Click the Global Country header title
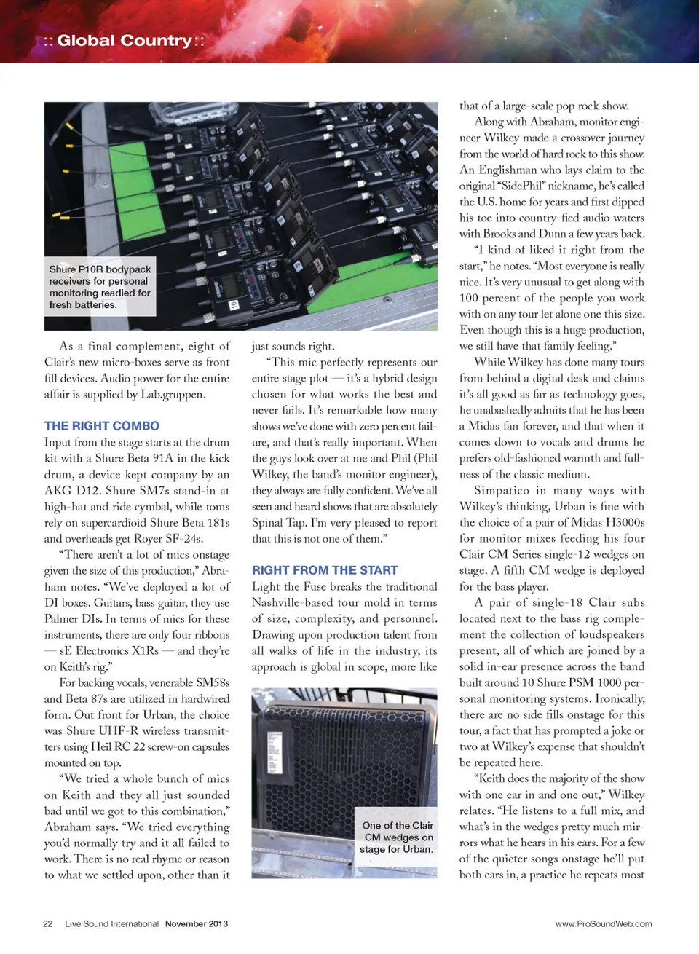point(124,41)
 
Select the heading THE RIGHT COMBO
point(101,426)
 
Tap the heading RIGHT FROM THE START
point(325,570)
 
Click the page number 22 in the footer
point(47,923)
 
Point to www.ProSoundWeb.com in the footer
point(604,923)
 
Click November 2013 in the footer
point(196,923)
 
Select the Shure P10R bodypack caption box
point(100,287)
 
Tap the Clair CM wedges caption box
point(397,837)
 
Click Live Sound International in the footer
point(111,923)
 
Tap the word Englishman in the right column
point(509,170)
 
